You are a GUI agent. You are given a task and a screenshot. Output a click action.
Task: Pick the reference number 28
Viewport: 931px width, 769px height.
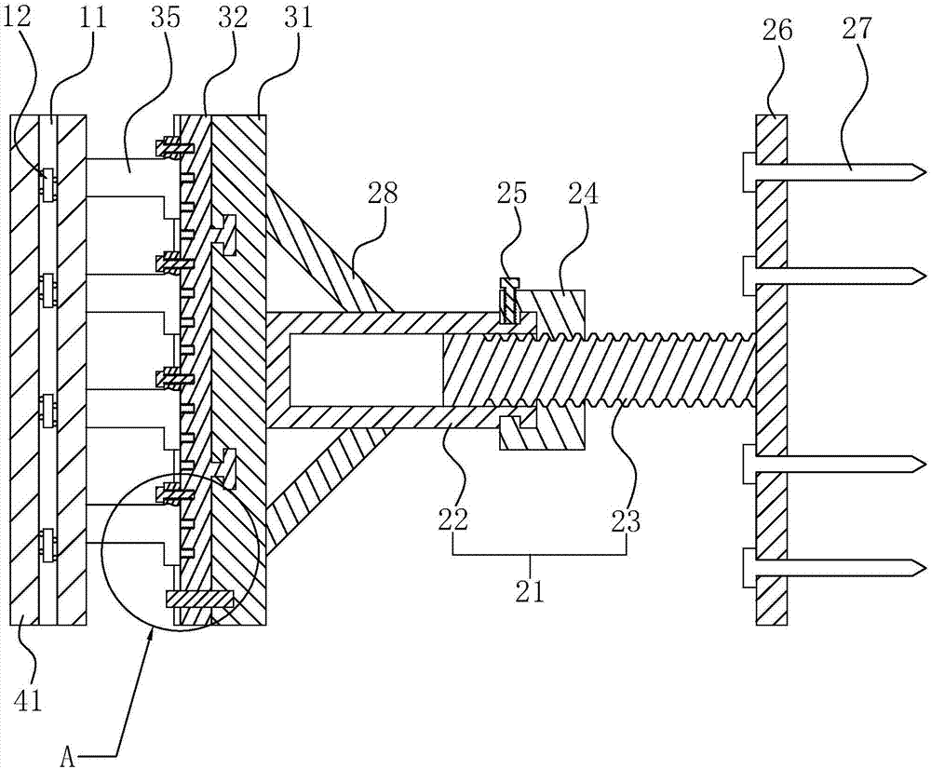383,194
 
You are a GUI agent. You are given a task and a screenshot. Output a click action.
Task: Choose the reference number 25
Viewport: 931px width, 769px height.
512,194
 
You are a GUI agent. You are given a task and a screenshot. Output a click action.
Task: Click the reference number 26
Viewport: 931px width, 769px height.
776,30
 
